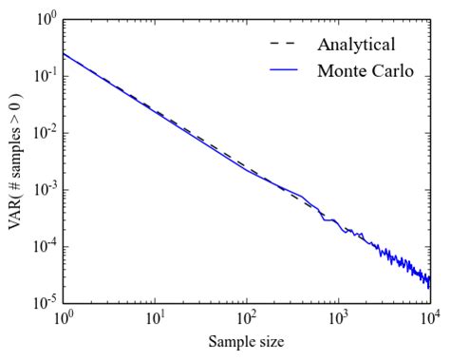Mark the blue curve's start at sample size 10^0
click(x=65, y=53)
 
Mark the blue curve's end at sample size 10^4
click(x=429, y=282)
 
